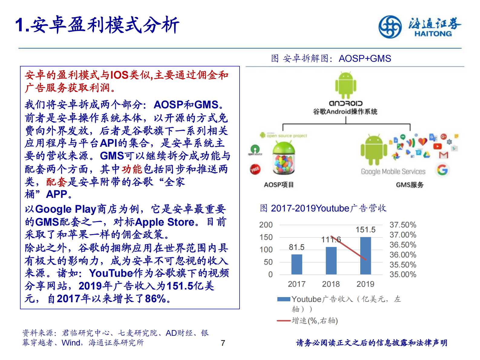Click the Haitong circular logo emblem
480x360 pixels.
390,27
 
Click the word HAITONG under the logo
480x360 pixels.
433,34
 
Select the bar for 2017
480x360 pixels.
296,264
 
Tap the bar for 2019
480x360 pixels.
365,256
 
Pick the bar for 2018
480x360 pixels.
331,260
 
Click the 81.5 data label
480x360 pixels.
296,247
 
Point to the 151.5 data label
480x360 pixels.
365,230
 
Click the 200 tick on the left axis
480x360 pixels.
266,225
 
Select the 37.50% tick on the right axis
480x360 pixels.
403,225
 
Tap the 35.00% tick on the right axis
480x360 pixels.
403,274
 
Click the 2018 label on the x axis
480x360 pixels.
331,284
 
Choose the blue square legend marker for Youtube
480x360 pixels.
284,299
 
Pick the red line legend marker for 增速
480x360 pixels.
284,321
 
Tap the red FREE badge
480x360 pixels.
255,169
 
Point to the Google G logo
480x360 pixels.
442,170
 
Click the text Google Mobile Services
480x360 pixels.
393,172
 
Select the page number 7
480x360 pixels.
223,343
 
